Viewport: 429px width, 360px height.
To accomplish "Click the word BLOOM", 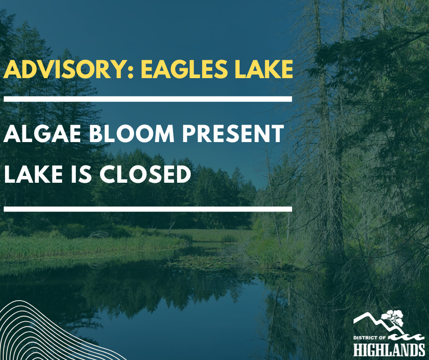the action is click(132, 133).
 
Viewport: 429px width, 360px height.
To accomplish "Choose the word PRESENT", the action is click(233, 133).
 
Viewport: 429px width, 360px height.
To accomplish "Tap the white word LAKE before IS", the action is click(33, 174).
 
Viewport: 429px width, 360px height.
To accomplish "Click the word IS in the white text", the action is click(81, 174).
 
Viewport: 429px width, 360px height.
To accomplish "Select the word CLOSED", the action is click(145, 174).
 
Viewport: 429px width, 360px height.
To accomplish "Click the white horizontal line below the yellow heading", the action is click(148, 99).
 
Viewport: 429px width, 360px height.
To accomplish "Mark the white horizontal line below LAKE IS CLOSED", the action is click(148, 209).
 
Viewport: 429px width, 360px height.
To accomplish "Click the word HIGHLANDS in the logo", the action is click(389, 349).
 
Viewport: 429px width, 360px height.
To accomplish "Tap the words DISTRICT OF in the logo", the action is click(369, 338).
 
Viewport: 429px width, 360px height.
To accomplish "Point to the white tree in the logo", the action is click(393, 318).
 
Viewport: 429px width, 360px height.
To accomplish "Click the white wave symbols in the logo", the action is click(406, 337).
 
